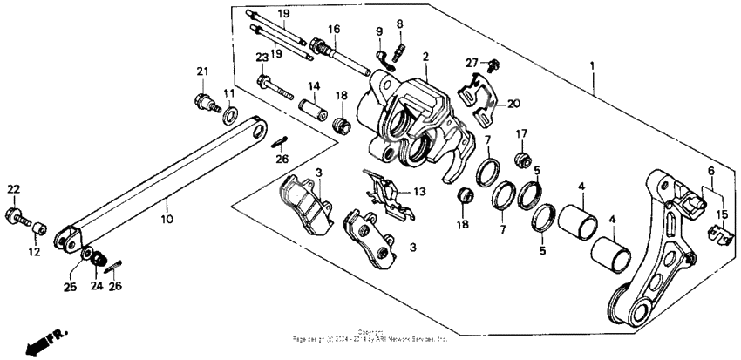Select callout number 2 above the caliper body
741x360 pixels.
pyautogui.click(x=425, y=58)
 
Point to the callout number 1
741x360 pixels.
pyautogui.click(x=593, y=66)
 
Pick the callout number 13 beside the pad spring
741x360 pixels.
pyautogui.click(x=419, y=192)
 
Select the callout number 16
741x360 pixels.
pyautogui.click(x=333, y=30)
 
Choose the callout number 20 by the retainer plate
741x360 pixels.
pyautogui.click(x=513, y=103)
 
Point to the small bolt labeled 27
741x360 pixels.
pyautogui.click(x=494, y=65)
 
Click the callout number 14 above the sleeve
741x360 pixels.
pyautogui.click(x=314, y=85)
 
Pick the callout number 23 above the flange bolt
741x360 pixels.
pyautogui.click(x=261, y=58)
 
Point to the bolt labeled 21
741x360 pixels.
pyautogui.click(x=205, y=100)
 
